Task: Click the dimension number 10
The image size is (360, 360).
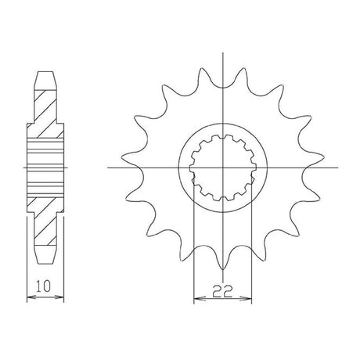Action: tap(43, 286)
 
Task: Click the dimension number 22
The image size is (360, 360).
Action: tap(222, 291)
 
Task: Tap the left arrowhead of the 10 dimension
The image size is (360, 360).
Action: tap(31, 297)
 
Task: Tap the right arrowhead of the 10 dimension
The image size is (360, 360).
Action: tap(60, 297)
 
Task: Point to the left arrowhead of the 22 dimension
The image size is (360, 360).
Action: tap(198, 298)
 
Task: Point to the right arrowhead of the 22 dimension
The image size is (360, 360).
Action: tap(247, 298)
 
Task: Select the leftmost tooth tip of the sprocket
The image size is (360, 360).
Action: tap(121, 157)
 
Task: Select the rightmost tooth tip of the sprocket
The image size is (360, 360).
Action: tap(324, 157)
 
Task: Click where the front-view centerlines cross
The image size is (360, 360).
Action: tap(222, 167)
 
